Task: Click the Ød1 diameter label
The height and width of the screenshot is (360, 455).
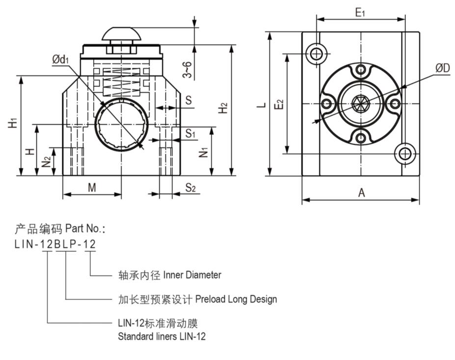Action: pos(60,59)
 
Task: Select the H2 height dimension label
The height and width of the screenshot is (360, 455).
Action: pos(223,109)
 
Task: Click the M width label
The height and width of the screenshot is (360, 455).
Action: pos(92,187)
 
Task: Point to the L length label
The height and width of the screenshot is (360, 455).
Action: pos(263,104)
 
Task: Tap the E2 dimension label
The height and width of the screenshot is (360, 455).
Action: pos(279,104)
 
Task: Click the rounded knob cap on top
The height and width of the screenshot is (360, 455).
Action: pos(122,34)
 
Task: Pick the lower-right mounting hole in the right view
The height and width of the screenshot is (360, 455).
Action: pos(405,154)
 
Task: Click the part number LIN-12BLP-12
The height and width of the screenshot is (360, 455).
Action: pos(55,244)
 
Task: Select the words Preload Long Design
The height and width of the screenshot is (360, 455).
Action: pos(236,299)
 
